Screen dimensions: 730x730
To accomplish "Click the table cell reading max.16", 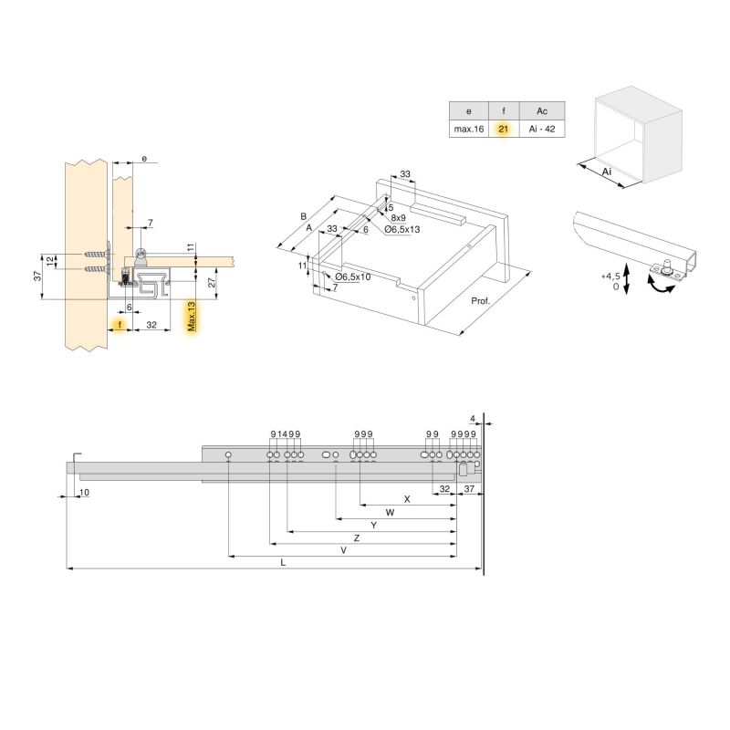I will [468, 130].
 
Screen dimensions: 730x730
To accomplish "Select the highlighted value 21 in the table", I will [503, 130].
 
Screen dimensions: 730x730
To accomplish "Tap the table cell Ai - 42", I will [541, 130].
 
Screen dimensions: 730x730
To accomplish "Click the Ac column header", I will [541, 109].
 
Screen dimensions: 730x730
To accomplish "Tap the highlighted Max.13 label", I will [191, 318].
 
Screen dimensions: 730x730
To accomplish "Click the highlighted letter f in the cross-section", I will [119, 324].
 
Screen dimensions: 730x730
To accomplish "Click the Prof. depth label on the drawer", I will [481, 300].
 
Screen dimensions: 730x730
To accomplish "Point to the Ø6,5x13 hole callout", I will [401, 229].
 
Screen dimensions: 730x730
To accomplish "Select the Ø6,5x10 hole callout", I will [352, 276].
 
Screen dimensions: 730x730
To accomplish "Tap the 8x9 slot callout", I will [398, 218].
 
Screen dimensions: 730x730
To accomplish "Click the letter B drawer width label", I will [303, 216].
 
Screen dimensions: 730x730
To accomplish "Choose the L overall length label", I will [284, 563].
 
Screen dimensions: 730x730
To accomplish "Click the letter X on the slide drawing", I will [407, 499].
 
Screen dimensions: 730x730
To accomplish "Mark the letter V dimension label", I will [343, 550].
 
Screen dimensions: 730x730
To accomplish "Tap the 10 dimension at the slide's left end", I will [84, 492].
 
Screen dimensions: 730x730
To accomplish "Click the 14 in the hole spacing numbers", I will [282, 433].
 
